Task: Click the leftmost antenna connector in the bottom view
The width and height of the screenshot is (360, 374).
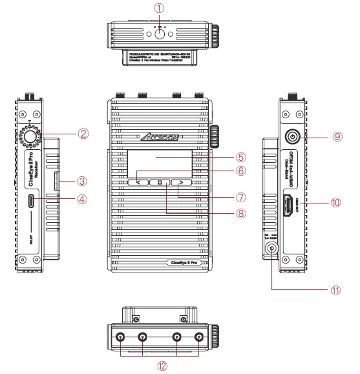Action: click(120, 337)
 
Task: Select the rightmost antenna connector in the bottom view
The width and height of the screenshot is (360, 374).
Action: click(199, 337)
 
